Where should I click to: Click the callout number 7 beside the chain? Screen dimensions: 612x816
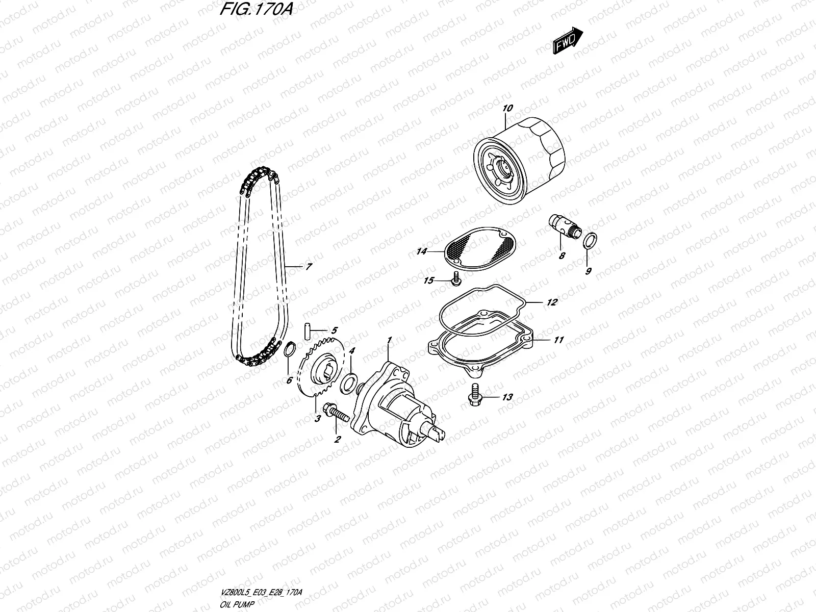tap(309, 266)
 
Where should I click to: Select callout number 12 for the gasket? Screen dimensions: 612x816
tap(552, 302)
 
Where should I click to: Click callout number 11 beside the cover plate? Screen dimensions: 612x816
tap(559, 340)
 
